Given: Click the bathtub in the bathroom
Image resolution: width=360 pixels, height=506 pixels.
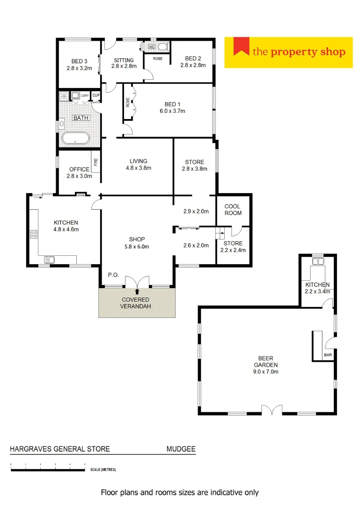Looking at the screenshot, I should pos(76,139).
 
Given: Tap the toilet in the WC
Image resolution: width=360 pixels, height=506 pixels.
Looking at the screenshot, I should pos(162,47).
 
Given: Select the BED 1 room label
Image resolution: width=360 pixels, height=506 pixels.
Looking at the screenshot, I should pos(171,104).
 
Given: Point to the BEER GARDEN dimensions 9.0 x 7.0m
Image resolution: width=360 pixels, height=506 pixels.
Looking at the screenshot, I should pos(266,372).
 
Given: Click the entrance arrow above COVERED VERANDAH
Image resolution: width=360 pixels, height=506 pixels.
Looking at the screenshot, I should pos(137,292).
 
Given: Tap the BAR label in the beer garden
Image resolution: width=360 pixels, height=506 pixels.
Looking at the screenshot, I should pos(328,355).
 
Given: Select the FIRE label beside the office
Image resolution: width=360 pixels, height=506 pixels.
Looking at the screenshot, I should pos(96,162).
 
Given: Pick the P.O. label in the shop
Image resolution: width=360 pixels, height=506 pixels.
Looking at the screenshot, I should pos(113,275).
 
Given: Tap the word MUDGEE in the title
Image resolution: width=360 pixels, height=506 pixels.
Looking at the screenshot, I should pos(181,449).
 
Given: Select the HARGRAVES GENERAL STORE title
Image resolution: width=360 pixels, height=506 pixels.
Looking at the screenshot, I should pos(60,449).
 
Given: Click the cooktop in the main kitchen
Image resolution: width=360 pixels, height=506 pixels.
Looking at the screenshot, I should pos(34,234).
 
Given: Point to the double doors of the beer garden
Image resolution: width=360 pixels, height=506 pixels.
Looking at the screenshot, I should pos(272,410).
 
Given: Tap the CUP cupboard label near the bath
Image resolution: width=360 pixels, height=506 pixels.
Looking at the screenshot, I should pos(96,96).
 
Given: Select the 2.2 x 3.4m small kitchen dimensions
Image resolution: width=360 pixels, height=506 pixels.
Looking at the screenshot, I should pos(318,291).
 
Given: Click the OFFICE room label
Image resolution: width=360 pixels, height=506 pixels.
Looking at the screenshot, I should pos(79,169).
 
